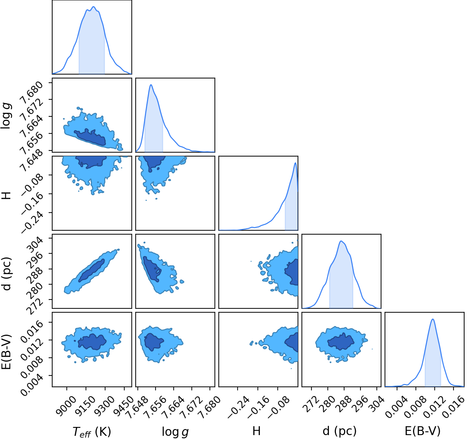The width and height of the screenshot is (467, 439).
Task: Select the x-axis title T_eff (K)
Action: (92, 432)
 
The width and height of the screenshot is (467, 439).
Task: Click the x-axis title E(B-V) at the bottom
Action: (423, 431)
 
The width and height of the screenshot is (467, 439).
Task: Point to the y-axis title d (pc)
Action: (7, 274)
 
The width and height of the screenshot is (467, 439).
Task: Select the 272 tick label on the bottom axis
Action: (311, 401)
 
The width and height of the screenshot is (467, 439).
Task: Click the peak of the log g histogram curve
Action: (151, 85)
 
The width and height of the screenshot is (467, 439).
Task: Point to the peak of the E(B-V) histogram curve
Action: (433, 319)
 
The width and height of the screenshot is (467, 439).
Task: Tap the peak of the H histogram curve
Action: (295, 163)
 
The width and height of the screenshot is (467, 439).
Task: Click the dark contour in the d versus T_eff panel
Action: (91, 271)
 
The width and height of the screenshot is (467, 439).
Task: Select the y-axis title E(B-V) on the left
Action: (7, 352)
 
